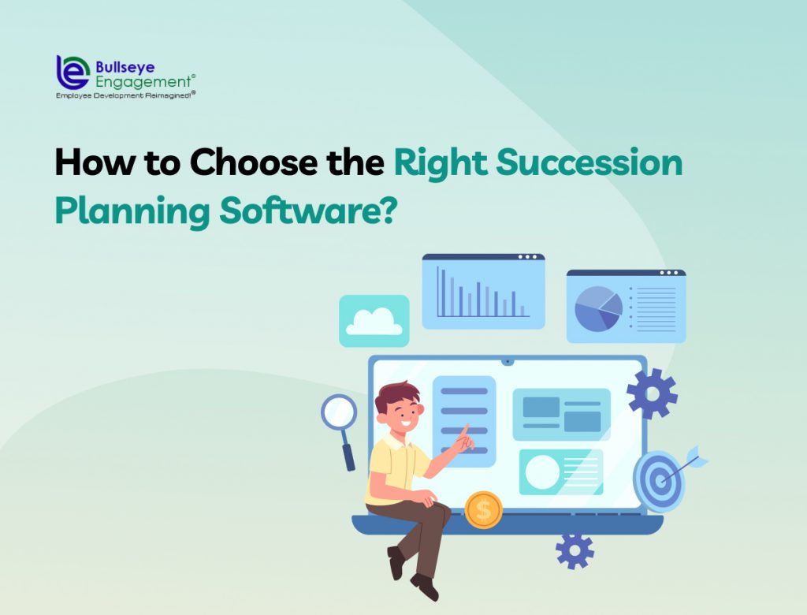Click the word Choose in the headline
click(x=237, y=163)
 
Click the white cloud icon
click(x=374, y=322)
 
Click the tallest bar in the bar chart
click(x=439, y=293)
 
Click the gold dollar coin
click(x=483, y=510)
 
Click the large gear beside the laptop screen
click(x=652, y=393)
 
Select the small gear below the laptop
click(x=575, y=549)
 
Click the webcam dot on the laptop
click(x=508, y=363)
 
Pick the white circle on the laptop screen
click(x=542, y=471)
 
